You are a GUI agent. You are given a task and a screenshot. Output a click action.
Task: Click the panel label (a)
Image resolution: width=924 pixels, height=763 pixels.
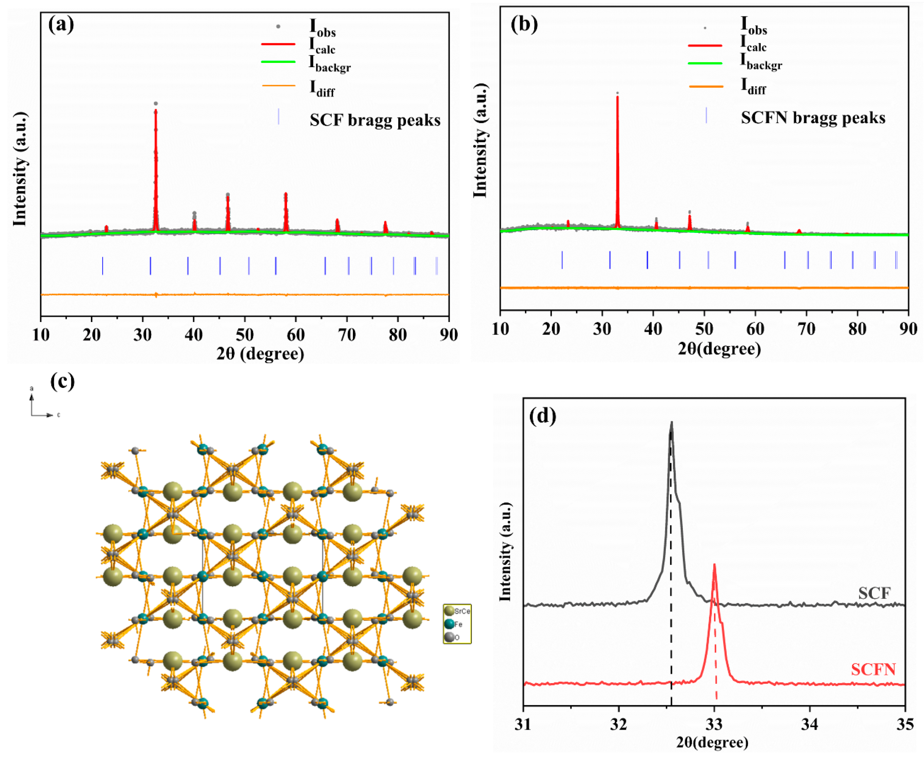pyautogui.click(x=61, y=24)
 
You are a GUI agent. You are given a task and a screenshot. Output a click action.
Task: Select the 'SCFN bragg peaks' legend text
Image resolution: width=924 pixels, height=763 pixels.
pyautogui.click(x=813, y=118)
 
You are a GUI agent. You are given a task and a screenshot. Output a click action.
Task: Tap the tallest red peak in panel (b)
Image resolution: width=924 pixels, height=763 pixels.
pyautogui.click(x=617, y=99)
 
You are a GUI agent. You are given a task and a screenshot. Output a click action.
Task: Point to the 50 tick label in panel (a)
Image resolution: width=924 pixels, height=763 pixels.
pyautogui.click(x=245, y=335)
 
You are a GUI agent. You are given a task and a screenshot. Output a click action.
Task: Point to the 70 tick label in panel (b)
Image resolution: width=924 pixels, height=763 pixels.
pyautogui.click(x=806, y=329)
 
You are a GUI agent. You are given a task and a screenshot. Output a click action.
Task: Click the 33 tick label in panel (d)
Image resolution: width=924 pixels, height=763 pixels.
pyautogui.click(x=714, y=725)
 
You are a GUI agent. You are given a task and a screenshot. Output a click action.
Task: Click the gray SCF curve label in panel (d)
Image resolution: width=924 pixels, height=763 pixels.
pyautogui.click(x=874, y=593)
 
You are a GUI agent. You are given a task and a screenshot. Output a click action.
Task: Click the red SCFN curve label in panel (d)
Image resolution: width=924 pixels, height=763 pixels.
pyautogui.click(x=873, y=669)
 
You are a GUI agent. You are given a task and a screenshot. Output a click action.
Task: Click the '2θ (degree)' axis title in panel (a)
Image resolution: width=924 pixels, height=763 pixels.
pyautogui.click(x=260, y=353)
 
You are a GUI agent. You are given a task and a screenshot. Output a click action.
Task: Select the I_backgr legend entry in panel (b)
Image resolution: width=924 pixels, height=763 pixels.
pyautogui.click(x=761, y=62)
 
